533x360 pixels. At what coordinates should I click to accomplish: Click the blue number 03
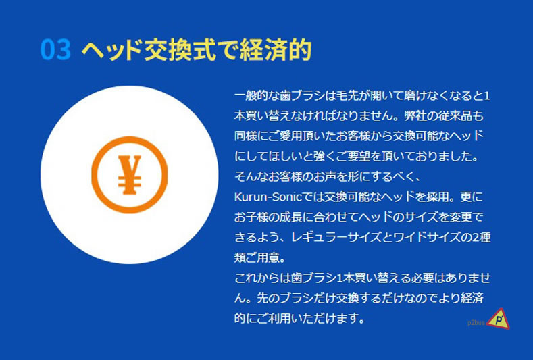pyautogui.click(x=56, y=49)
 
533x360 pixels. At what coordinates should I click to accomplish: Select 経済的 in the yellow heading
pyautogui.click(x=276, y=50)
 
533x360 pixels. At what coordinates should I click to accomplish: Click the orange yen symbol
pyautogui.click(x=130, y=175)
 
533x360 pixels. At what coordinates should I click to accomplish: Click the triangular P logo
pyautogui.click(x=499, y=319)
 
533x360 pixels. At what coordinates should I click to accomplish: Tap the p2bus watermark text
pyautogui.click(x=476, y=323)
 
